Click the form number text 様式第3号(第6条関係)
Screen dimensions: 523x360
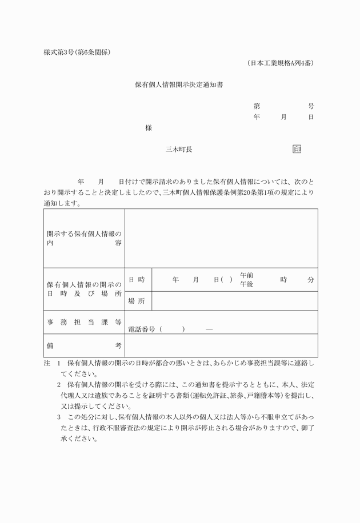click(x=77, y=53)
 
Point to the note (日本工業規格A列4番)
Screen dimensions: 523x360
click(x=281, y=63)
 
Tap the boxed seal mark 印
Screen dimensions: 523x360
click(x=297, y=149)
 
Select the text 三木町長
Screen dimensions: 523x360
click(x=179, y=149)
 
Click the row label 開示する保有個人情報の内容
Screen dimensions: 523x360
click(x=84, y=238)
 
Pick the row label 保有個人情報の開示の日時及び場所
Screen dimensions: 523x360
click(x=84, y=289)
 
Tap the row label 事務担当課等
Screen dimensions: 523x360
click(x=84, y=322)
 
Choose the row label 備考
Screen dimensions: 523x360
click(x=84, y=345)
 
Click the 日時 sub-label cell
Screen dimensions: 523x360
click(x=137, y=280)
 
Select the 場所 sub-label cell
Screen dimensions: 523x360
click(x=137, y=301)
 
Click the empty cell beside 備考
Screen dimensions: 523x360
click(x=221, y=345)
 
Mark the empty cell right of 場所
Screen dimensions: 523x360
click(x=234, y=301)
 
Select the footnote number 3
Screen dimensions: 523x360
click(x=58, y=417)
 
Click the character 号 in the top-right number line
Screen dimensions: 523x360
click(x=311, y=107)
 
